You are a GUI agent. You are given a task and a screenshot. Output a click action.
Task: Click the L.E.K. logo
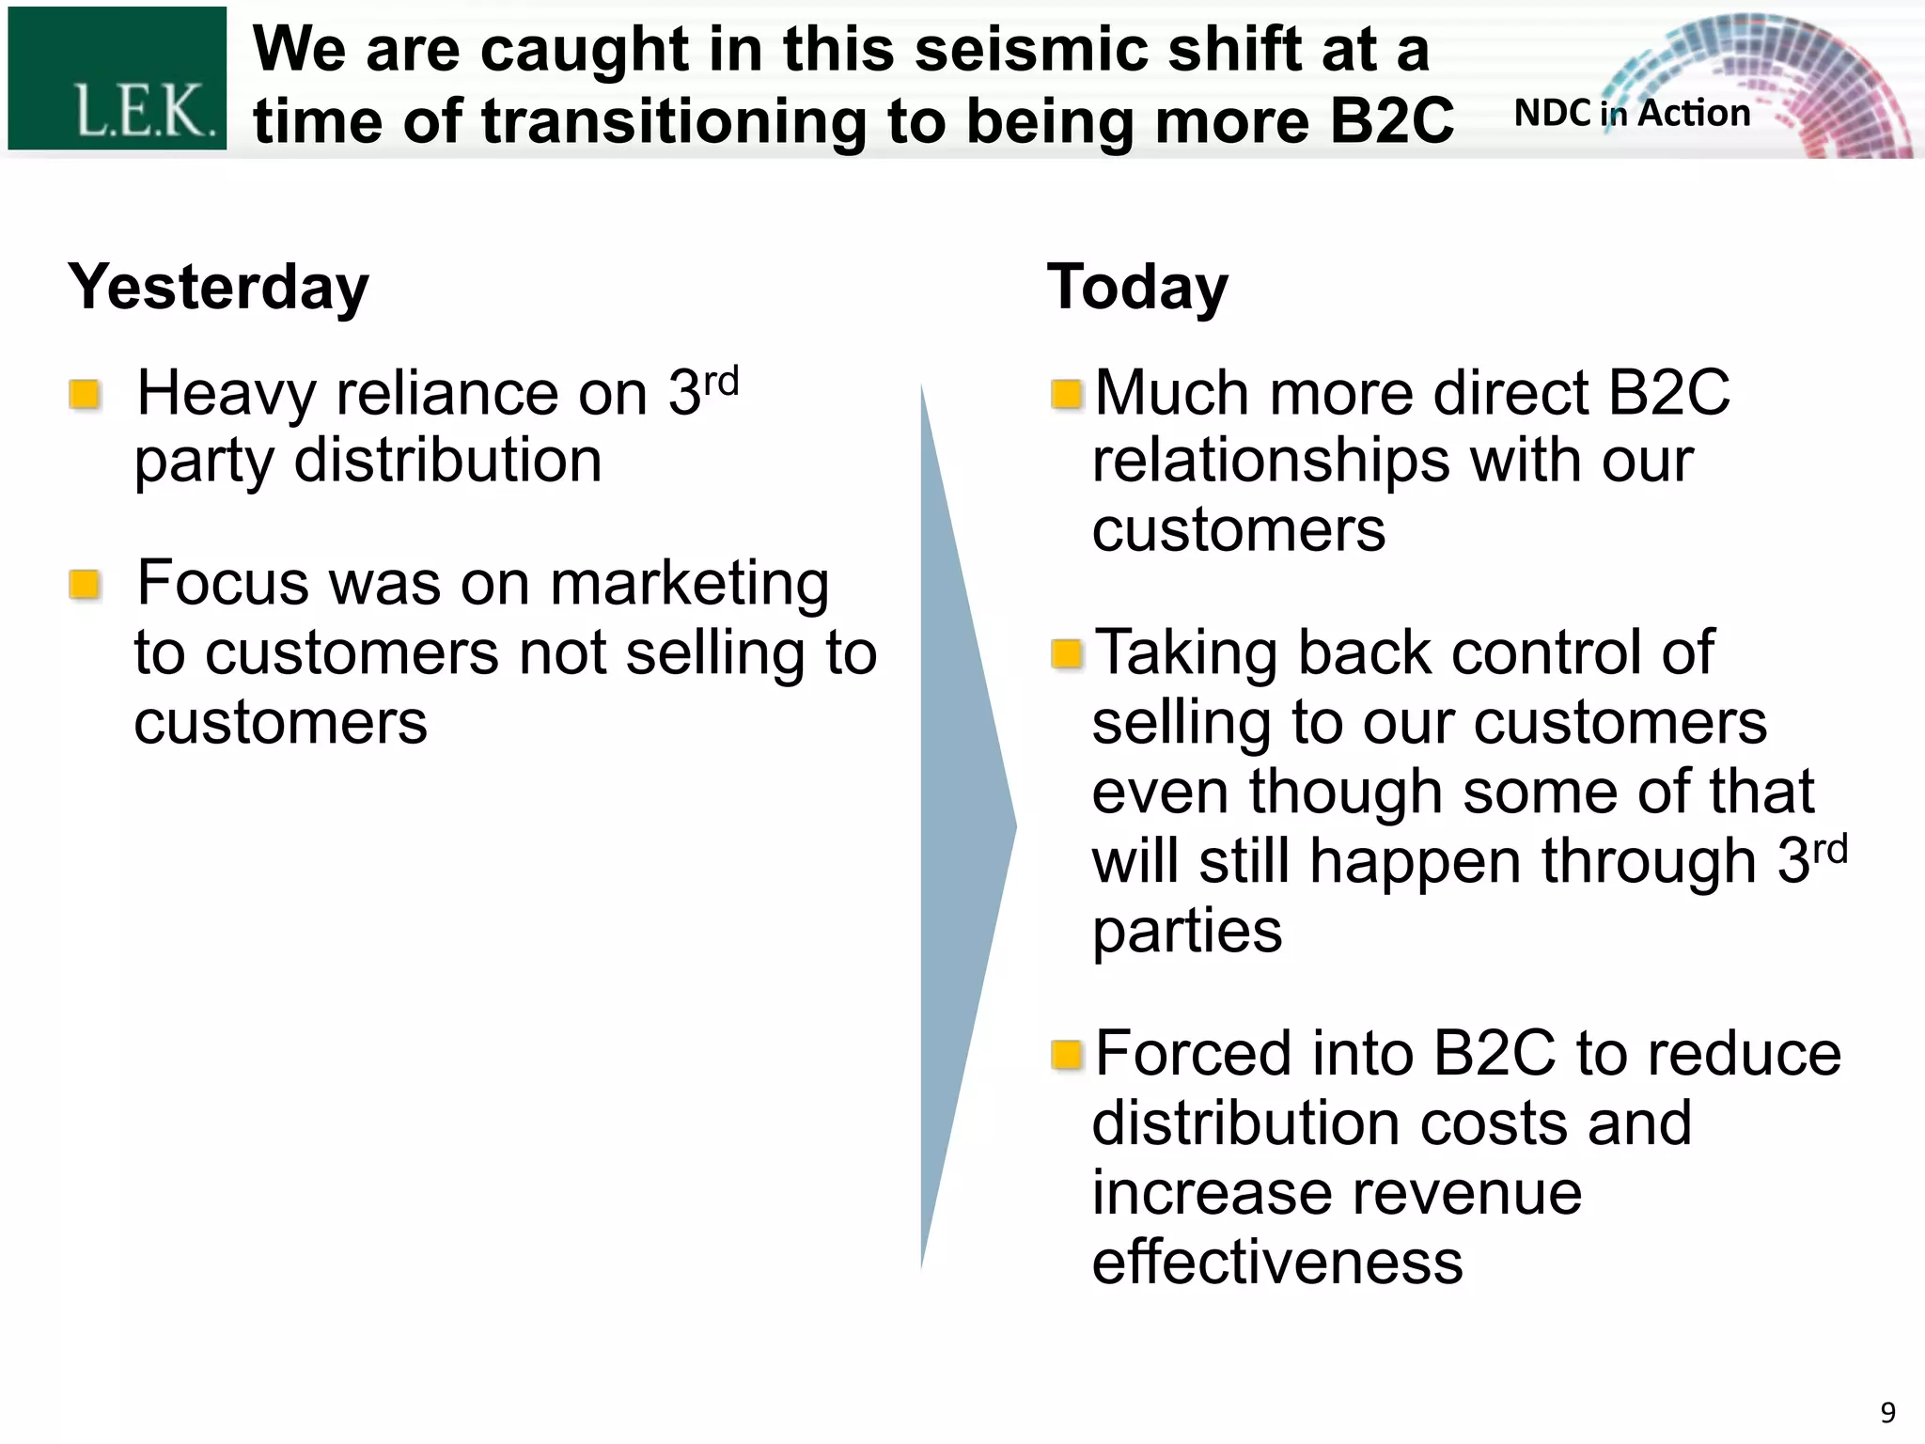point(117,78)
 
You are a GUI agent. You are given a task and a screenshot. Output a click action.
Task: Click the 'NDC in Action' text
point(1632,114)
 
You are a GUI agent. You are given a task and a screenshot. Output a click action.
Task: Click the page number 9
point(1887,1412)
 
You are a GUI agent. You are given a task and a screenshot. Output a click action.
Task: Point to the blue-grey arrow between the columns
point(959,827)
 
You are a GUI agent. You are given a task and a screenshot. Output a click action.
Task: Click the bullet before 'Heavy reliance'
point(86,395)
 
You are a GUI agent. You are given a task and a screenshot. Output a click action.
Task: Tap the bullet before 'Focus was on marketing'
point(86,585)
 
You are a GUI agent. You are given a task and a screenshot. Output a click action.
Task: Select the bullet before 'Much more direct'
point(1067,394)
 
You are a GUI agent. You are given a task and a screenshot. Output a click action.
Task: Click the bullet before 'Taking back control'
point(1067,653)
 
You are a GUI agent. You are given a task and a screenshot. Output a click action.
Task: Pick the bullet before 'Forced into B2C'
point(1067,1055)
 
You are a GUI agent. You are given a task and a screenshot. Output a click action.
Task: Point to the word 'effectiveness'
point(1277,1262)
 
